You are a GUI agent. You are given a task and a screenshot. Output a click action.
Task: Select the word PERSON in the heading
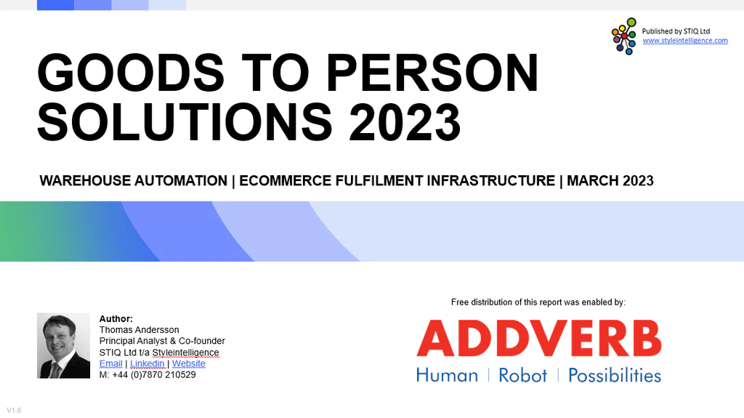click(x=432, y=72)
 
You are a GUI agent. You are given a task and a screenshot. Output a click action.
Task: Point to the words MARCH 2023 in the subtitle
click(x=610, y=181)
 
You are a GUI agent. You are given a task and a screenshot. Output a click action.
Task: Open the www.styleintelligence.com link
click(x=685, y=41)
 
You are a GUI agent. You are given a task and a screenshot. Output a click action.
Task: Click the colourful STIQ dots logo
click(x=624, y=36)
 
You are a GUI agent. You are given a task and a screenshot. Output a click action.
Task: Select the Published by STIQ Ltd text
click(x=676, y=31)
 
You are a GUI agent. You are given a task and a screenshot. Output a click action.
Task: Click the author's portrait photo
click(x=64, y=345)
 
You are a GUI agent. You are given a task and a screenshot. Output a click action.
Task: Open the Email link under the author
click(x=110, y=363)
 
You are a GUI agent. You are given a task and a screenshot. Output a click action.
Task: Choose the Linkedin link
click(x=147, y=363)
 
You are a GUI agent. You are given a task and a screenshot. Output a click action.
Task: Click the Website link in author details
click(x=188, y=363)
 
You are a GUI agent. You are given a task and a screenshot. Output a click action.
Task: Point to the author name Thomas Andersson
click(x=139, y=329)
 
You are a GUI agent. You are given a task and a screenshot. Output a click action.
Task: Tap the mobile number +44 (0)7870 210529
click(x=154, y=375)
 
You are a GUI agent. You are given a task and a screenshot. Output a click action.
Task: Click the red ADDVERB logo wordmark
click(x=539, y=338)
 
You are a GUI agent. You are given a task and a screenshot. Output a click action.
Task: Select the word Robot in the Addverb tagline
click(x=522, y=375)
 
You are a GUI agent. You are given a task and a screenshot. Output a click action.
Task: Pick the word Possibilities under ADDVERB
click(x=615, y=375)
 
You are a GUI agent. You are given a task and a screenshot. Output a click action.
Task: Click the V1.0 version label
click(x=14, y=411)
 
